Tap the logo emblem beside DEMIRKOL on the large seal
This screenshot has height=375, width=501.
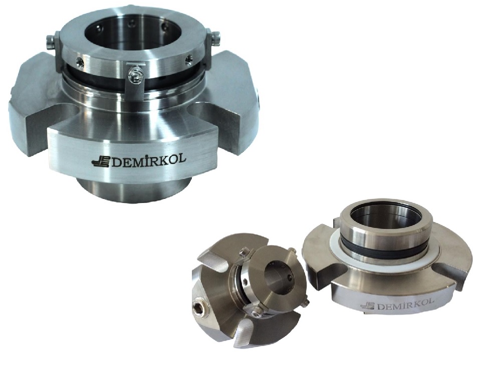click(100, 162)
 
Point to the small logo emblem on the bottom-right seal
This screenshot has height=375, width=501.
click(367, 306)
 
